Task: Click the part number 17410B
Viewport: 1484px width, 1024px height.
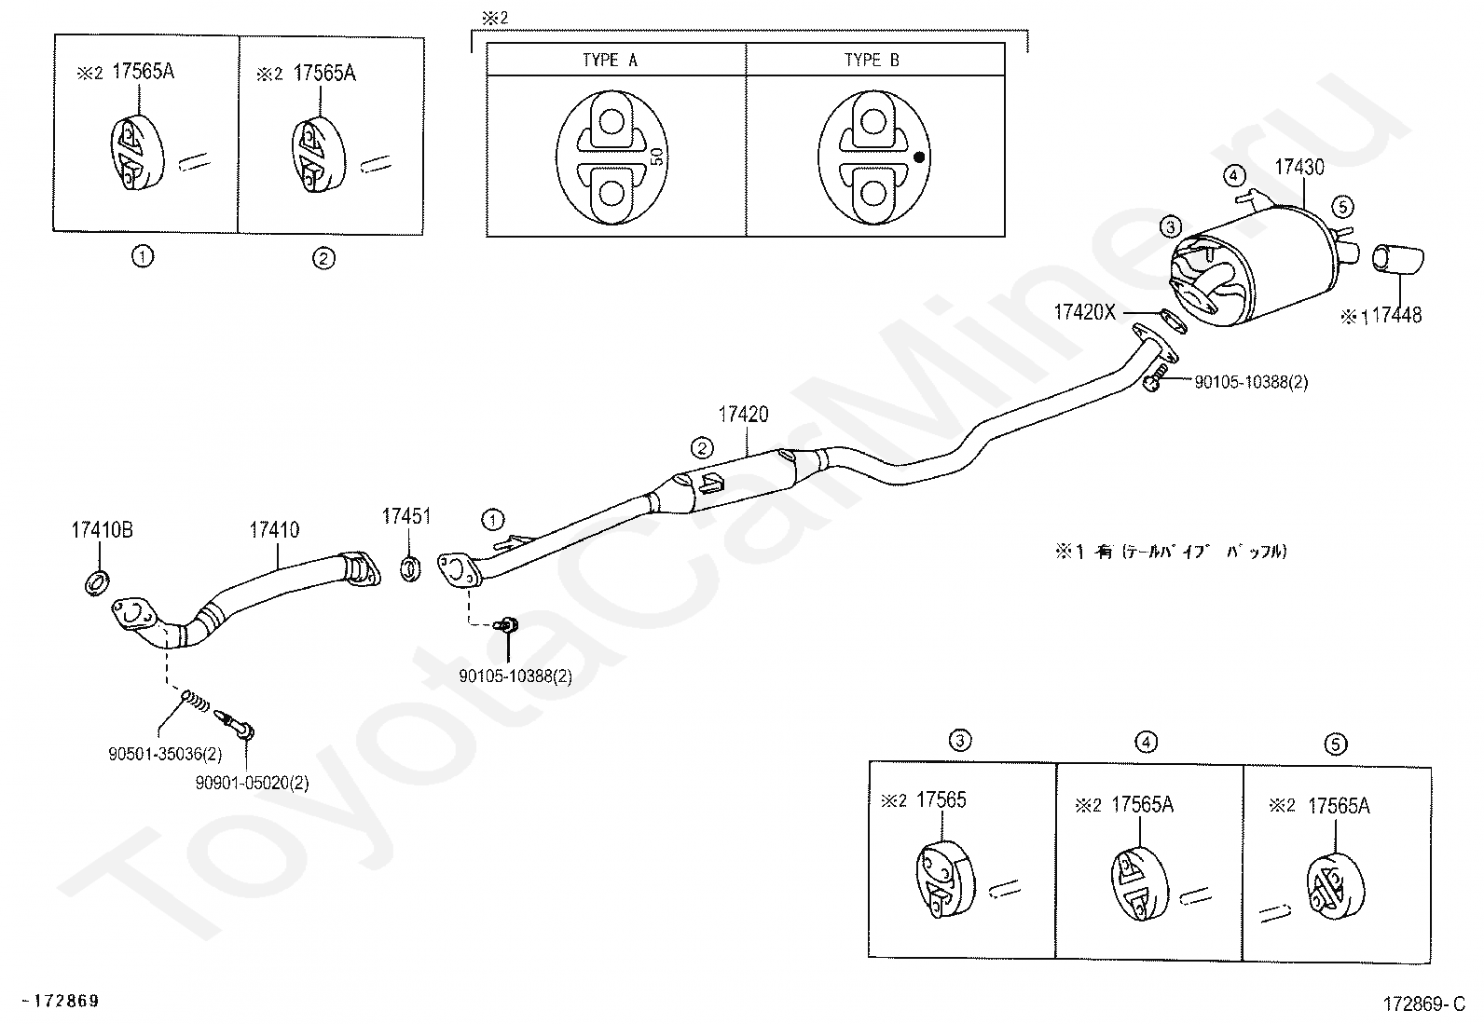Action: point(102,530)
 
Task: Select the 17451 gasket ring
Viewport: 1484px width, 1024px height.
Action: point(410,569)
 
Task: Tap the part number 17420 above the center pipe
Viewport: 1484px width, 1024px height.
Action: point(743,415)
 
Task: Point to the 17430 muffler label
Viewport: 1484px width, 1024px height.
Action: point(1299,167)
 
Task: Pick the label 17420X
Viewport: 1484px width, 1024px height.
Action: point(1084,312)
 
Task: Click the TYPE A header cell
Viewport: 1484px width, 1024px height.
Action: point(616,60)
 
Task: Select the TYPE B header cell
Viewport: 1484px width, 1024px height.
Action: point(875,60)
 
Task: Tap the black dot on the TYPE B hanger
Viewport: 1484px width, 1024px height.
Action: point(919,157)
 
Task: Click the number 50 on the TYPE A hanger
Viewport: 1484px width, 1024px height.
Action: point(656,157)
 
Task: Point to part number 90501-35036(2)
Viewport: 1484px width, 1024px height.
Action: point(165,754)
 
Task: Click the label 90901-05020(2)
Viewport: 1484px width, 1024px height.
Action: point(252,783)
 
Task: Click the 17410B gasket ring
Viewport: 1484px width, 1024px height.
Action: point(97,582)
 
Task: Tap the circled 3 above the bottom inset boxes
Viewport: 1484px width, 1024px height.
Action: point(960,740)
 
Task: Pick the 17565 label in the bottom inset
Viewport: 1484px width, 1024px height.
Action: point(941,800)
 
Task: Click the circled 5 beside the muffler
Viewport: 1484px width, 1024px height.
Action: point(1342,208)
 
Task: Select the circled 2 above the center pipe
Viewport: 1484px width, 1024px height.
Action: point(702,448)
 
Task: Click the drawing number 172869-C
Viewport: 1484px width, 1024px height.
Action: point(1424,1004)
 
